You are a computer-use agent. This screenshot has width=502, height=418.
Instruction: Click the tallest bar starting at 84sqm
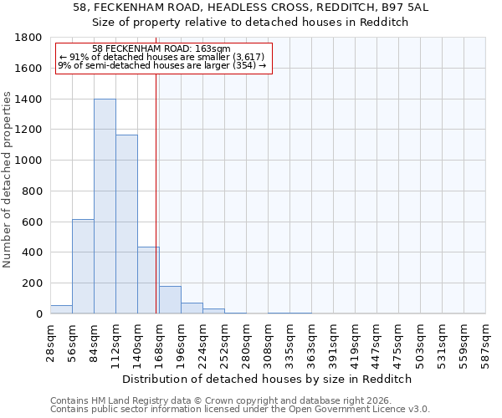click(x=105, y=206)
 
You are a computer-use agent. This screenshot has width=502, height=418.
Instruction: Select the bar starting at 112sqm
click(x=126, y=224)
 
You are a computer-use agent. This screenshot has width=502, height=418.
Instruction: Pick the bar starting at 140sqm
click(x=148, y=280)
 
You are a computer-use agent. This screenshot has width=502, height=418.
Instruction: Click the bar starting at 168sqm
click(x=170, y=299)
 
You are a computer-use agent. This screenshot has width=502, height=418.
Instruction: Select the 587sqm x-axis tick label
click(x=486, y=341)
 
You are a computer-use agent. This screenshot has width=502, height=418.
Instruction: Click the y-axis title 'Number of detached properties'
click(x=8, y=191)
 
